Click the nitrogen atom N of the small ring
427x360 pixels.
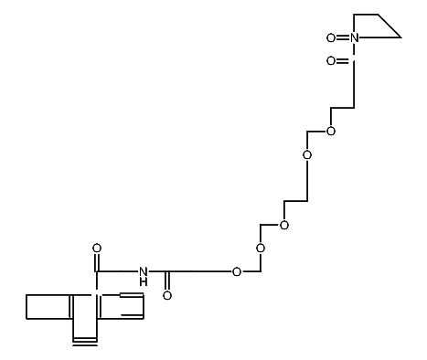(356, 37)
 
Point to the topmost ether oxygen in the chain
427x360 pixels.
(330, 132)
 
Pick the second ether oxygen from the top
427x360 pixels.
(307, 155)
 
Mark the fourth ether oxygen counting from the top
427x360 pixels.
(261, 248)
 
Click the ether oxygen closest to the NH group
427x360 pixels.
(237, 271)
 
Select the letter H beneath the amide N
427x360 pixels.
(144, 283)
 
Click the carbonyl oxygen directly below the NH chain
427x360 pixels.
(166, 296)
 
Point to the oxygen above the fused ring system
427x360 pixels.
(96, 248)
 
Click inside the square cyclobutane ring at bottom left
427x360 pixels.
(49, 306)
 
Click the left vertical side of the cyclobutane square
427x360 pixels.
(27, 306)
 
